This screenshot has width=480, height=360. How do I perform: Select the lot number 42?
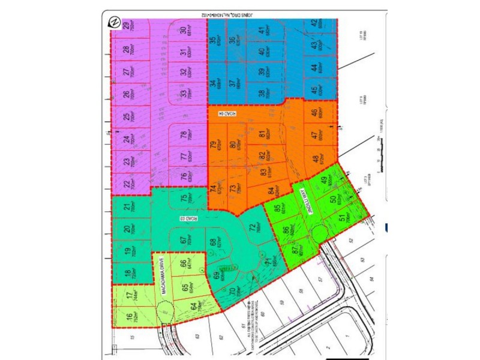[314, 25]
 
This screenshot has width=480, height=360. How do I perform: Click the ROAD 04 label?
[227, 112]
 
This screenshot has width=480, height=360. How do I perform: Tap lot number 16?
[128, 317]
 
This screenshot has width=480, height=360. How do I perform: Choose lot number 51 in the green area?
[342, 219]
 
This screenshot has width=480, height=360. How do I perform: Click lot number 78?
[184, 136]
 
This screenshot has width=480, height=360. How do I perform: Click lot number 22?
[126, 186]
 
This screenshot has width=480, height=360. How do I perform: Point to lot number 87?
[293, 251]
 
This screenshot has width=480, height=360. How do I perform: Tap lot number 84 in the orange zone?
[271, 192]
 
